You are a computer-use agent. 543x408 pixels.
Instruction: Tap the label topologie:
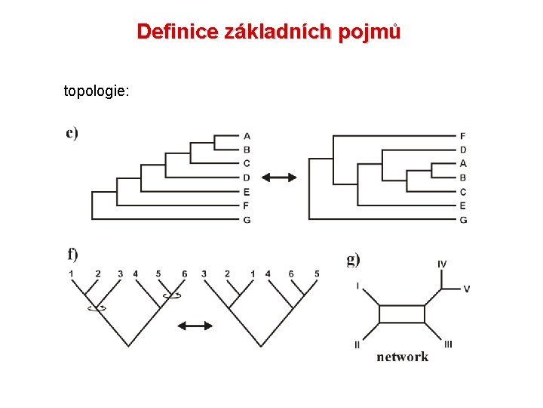click(97, 91)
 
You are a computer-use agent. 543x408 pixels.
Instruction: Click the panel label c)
click(72, 133)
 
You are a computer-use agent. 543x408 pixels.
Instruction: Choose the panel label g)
click(353, 259)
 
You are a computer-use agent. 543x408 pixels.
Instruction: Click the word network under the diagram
click(403, 357)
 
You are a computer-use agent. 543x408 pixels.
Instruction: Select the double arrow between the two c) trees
click(280, 177)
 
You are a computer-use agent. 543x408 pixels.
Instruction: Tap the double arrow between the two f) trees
click(195, 326)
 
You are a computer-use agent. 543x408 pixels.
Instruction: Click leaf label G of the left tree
click(247, 219)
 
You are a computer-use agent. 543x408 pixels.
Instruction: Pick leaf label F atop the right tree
click(462, 136)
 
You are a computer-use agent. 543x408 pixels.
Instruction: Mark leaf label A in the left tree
click(247, 136)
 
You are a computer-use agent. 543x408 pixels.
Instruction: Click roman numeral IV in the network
click(442, 264)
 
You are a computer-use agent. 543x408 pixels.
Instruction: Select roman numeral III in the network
click(448, 344)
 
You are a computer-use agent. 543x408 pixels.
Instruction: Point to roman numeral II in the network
click(357, 345)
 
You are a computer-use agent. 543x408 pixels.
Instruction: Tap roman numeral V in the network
click(466, 289)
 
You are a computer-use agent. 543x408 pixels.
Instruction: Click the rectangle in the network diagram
click(401, 314)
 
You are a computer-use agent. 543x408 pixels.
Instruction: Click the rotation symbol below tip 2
click(96, 307)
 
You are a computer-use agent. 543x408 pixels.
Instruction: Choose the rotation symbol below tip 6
click(173, 295)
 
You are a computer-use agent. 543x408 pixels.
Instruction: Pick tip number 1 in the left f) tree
click(71, 273)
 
